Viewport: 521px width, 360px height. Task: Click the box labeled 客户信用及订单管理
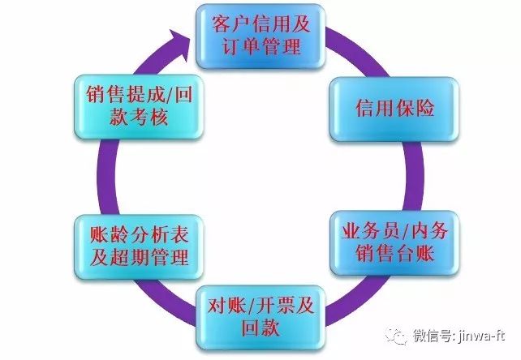pos(260,35)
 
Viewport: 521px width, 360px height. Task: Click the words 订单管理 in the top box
pos(260,46)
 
